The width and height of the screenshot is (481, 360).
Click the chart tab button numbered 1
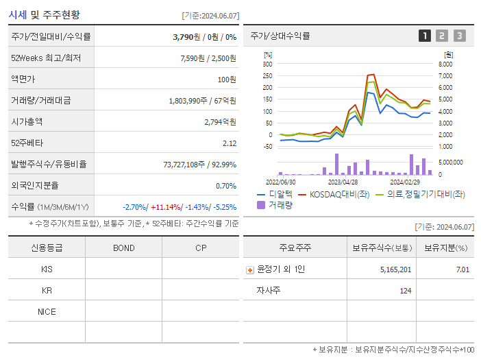(425, 36)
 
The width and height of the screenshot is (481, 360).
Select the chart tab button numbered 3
(459, 36)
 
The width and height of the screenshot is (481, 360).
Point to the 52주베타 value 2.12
(230, 143)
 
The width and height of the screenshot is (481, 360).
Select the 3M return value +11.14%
(166, 206)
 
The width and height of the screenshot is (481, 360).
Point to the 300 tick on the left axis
(268, 64)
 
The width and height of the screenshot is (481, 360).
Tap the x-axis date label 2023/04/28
(343, 182)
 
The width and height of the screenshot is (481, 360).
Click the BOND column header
(123, 248)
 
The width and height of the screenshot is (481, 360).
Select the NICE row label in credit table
(47, 312)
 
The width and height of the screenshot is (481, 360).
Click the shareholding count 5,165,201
(395, 269)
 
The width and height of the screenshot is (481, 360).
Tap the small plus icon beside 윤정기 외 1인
(249, 270)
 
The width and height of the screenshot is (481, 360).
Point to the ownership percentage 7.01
(463, 269)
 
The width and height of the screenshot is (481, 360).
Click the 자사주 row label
(267, 291)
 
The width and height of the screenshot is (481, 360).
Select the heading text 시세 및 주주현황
(45, 14)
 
